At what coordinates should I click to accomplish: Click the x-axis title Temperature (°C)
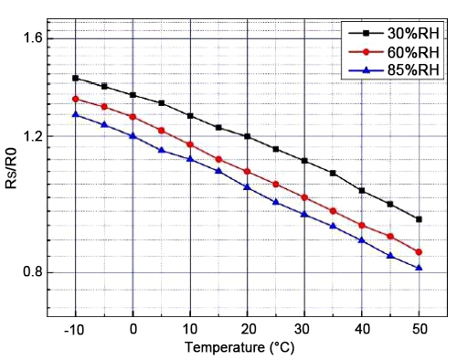click(247, 347)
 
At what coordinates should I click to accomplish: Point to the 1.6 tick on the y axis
click(29, 37)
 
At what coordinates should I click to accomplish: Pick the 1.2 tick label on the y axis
click(29, 136)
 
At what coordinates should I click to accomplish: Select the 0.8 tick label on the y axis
click(29, 272)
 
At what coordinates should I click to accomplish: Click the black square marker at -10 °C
click(76, 79)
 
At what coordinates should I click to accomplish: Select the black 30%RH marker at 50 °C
click(419, 219)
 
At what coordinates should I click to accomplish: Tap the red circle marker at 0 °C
click(133, 117)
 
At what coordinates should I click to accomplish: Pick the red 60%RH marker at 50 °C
click(419, 252)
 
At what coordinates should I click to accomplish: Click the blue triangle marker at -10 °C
click(76, 114)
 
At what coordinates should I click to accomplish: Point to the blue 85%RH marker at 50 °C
click(419, 268)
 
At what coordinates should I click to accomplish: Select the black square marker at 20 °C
click(247, 136)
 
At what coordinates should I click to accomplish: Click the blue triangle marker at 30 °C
click(304, 214)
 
